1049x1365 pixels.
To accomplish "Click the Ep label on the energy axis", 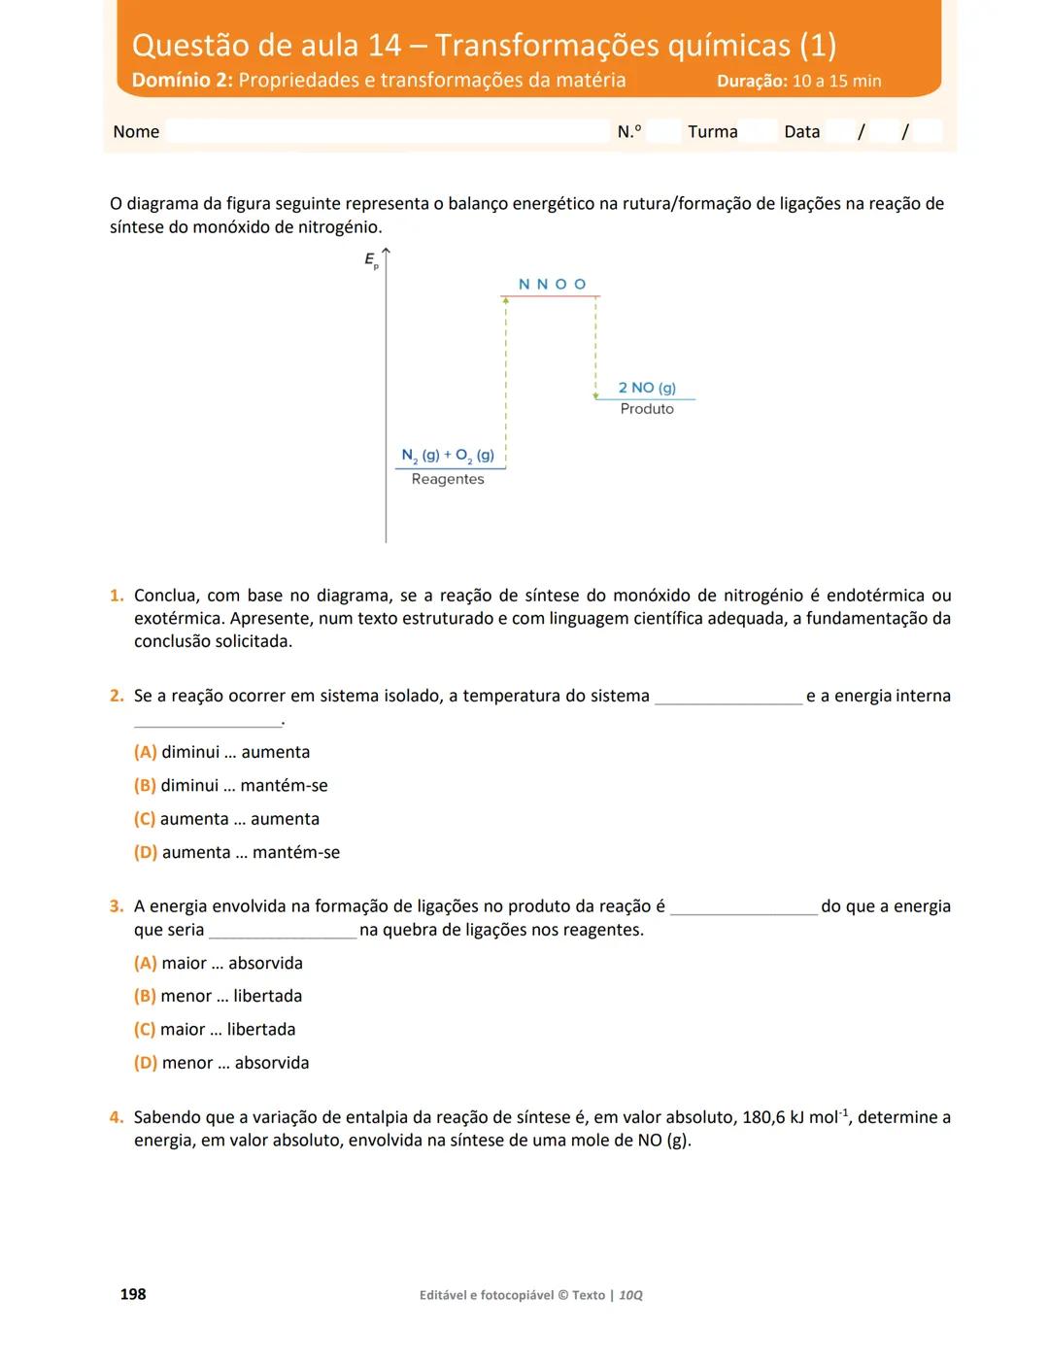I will coord(371,259).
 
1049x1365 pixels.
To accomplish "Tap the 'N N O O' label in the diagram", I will coord(552,284).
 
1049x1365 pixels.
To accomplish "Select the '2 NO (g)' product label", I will coord(647,388).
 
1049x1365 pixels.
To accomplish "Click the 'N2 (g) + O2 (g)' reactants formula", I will coord(448,455).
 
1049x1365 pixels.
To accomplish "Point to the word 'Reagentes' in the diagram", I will coord(447,479).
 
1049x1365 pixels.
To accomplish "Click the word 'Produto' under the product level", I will coord(647,409).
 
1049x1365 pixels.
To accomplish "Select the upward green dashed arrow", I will coord(506,379).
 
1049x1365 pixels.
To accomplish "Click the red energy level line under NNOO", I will coord(550,296).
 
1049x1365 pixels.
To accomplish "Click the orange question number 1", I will coord(117,596).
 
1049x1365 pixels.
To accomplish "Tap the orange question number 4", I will coord(117,1117).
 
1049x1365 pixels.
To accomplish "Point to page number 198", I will coord(133,1294).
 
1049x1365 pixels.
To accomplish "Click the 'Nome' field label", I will coord(136,132).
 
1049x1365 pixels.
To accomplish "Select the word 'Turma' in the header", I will coord(712,132).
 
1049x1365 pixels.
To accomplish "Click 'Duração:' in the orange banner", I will coord(752,82).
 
